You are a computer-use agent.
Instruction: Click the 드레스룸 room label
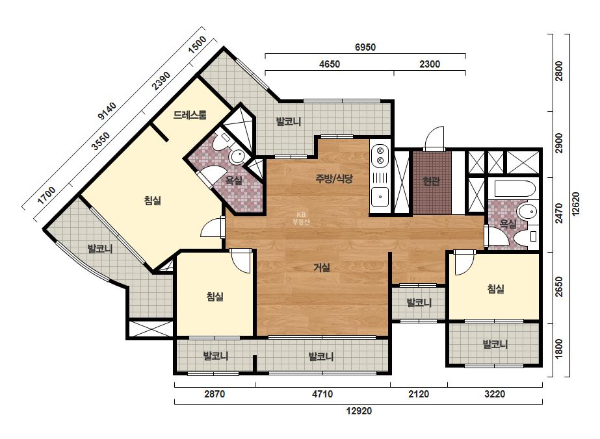[x=190, y=115]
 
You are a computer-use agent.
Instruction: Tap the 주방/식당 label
[x=334, y=179]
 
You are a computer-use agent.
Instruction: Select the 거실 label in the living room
[x=322, y=268]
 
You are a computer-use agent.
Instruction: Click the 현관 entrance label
[x=431, y=181]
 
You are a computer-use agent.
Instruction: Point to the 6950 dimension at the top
[x=365, y=47]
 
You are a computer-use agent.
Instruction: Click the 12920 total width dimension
[x=359, y=411]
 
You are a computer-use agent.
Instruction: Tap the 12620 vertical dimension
[x=575, y=204]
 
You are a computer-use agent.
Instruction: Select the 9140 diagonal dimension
[x=107, y=111]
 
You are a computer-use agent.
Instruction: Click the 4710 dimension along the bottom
[x=322, y=394]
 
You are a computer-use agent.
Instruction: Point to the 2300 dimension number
[x=430, y=64]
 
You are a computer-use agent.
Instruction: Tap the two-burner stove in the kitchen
[x=380, y=155]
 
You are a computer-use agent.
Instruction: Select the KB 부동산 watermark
[x=301, y=219]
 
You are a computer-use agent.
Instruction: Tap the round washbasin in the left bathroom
[x=237, y=157]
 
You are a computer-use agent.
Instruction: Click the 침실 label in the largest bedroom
[x=153, y=201]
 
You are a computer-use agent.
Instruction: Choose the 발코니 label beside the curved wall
[x=100, y=249]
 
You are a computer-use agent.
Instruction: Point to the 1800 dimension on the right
[x=559, y=349]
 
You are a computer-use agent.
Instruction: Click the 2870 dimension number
[x=215, y=394]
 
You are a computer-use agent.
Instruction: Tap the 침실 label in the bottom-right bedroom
[x=495, y=289]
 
